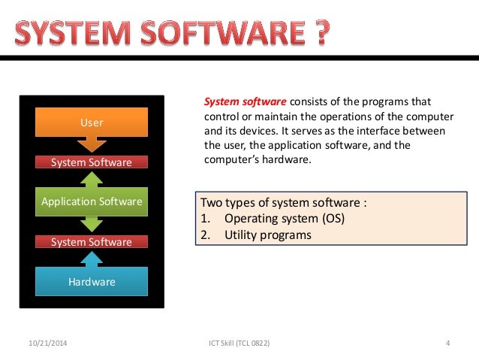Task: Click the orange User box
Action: coord(92,122)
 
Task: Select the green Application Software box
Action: coord(92,201)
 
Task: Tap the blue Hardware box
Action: coord(92,282)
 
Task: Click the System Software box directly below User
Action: coord(92,162)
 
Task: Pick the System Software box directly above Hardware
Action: coord(92,242)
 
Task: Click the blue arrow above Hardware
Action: coord(92,258)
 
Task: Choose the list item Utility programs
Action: coord(267,234)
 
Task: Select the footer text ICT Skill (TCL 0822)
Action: coord(239,343)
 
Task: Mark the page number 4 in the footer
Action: coord(447,343)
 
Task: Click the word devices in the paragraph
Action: coord(261,131)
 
